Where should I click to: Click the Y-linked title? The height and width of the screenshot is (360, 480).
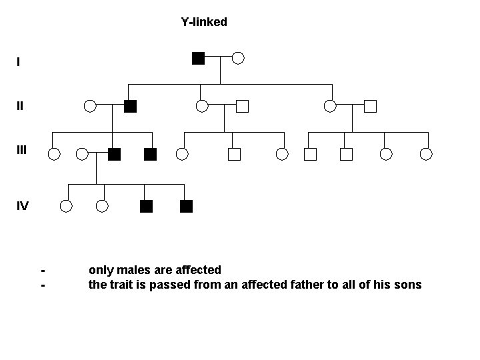[x=204, y=22]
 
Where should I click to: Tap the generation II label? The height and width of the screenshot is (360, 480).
[x=20, y=105]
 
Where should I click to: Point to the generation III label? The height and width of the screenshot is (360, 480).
[x=21, y=150]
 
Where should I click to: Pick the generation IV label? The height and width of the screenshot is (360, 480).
[x=23, y=205]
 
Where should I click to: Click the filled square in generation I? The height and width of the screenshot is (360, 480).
[x=198, y=57]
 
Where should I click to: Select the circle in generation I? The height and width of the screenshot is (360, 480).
[x=238, y=58]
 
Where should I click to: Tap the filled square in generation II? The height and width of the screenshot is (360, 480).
[x=131, y=105]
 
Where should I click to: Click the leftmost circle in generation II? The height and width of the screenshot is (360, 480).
[x=90, y=105]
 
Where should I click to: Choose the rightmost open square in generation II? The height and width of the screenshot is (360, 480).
[x=371, y=105]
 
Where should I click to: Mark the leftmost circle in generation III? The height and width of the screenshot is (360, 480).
[x=54, y=155]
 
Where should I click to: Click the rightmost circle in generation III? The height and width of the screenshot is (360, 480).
[x=427, y=155]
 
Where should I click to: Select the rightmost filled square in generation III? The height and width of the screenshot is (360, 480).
[x=150, y=155]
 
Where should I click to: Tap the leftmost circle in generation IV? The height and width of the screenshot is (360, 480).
[x=65, y=206]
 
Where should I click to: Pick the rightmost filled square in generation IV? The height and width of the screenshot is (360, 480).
[x=186, y=206]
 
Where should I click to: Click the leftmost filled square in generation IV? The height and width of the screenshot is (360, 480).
[x=147, y=206]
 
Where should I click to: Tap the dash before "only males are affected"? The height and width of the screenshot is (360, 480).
[x=43, y=271]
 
